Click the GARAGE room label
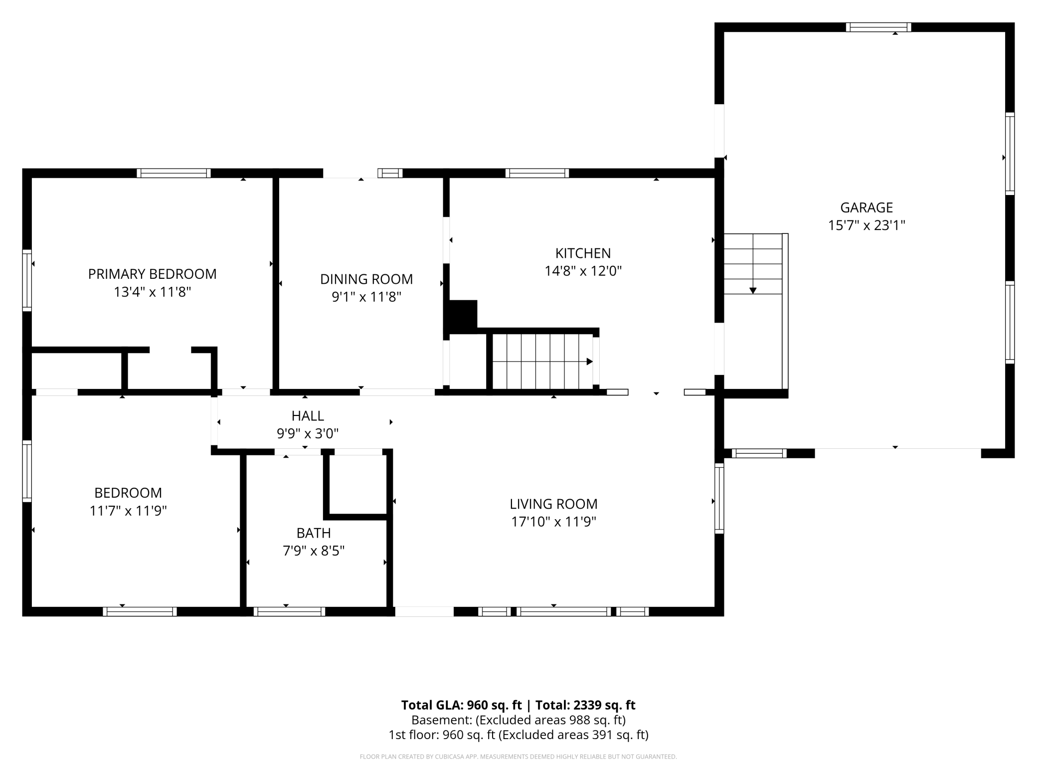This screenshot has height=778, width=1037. click(866, 207)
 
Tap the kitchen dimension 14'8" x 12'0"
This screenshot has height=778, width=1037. click(583, 271)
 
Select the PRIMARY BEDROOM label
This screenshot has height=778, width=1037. click(152, 274)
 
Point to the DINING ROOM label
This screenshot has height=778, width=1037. click(366, 279)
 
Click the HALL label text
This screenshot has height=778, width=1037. click(308, 415)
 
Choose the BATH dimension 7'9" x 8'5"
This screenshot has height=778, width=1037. click(314, 551)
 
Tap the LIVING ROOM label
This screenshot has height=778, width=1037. click(553, 504)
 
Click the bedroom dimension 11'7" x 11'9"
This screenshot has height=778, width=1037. click(128, 511)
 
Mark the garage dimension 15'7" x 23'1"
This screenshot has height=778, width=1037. click(866, 225)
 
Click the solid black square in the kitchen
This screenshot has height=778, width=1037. click(463, 314)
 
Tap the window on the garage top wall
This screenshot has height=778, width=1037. click(878, 27)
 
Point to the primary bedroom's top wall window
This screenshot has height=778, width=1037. click(173, 173)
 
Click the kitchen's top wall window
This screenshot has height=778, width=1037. click(537, 173)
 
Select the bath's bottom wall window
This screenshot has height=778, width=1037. click(289, 611)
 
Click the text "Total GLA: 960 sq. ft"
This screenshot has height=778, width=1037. click(461, 705)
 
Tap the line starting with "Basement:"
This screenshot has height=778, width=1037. click(518, 720)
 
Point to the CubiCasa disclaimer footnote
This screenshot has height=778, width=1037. click(518, 757)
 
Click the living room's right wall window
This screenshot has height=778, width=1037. click(719, 498)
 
